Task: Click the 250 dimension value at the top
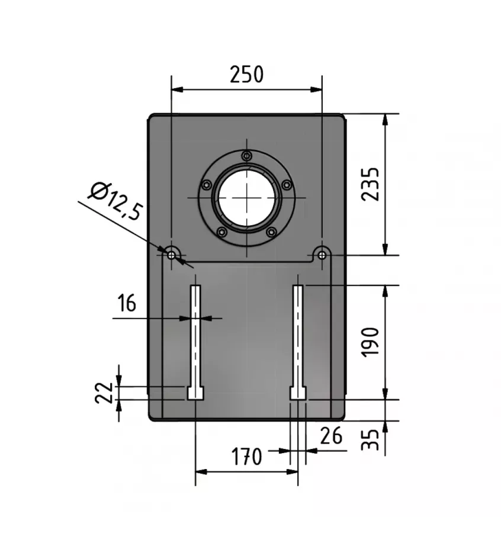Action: pos(246,75)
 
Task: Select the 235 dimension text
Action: pos(371,184)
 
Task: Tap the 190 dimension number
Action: pos(371,342)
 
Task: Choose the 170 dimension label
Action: pos(246,457)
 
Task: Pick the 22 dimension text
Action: pos(104,392)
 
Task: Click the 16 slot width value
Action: pos(126,303)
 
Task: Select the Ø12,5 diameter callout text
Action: pos(115,202)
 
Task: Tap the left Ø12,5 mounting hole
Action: pos(172,255)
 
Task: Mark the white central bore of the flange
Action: pos(246,197)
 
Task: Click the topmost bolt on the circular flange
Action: pos(246,155)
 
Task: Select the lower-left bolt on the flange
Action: pos(221,232)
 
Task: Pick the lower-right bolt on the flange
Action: pos(271,232)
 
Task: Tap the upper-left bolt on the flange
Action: pos(206,185)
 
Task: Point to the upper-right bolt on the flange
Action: pos(287,185)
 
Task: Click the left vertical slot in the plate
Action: pos(195,335)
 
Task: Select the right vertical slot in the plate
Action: pos(298,335)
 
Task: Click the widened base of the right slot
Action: pos(298,393)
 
